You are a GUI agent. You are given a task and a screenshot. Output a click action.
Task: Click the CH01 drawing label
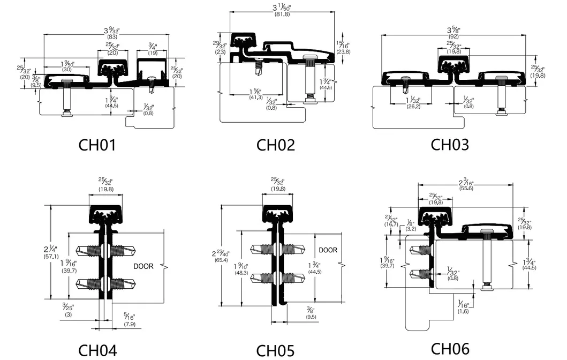tap(97, 145)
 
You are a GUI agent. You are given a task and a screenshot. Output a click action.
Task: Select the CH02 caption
tap(276, 145)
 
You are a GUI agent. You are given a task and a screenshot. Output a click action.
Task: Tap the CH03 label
tap(450, 145)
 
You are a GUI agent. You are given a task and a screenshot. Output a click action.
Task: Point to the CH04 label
tap(97, 350)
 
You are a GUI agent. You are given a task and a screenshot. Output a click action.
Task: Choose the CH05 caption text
tap(275, 351)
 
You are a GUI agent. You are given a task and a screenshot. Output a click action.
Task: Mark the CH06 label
tap(450, 349)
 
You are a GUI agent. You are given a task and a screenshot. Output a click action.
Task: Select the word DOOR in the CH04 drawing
tap(143, 266)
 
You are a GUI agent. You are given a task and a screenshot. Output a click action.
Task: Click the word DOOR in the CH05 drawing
tap(328, 250)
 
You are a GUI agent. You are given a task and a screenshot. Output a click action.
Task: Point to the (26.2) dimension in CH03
tap(412, 106)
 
